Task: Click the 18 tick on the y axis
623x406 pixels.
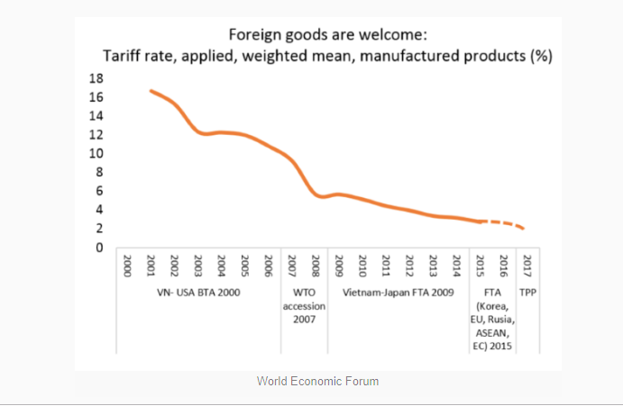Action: (95, 78)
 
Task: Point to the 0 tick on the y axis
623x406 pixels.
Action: (97, 248)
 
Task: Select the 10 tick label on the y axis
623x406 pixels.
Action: (95, 154)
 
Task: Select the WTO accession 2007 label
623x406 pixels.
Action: (304, 306)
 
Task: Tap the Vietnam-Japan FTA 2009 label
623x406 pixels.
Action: (397, 293)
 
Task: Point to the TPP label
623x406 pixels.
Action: (527, 293)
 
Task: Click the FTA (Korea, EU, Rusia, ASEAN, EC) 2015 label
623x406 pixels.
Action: (492, 320)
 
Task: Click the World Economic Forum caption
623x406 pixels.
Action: (317, 381)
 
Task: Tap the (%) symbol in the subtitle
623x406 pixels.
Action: (540, 56)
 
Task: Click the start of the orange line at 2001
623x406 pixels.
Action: (151, 91)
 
